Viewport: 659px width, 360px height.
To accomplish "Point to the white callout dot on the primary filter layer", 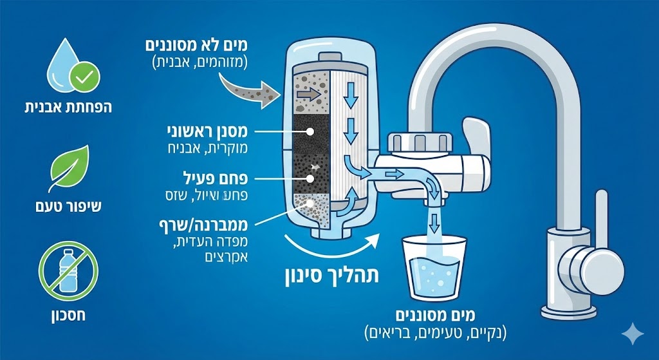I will point(311,131).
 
